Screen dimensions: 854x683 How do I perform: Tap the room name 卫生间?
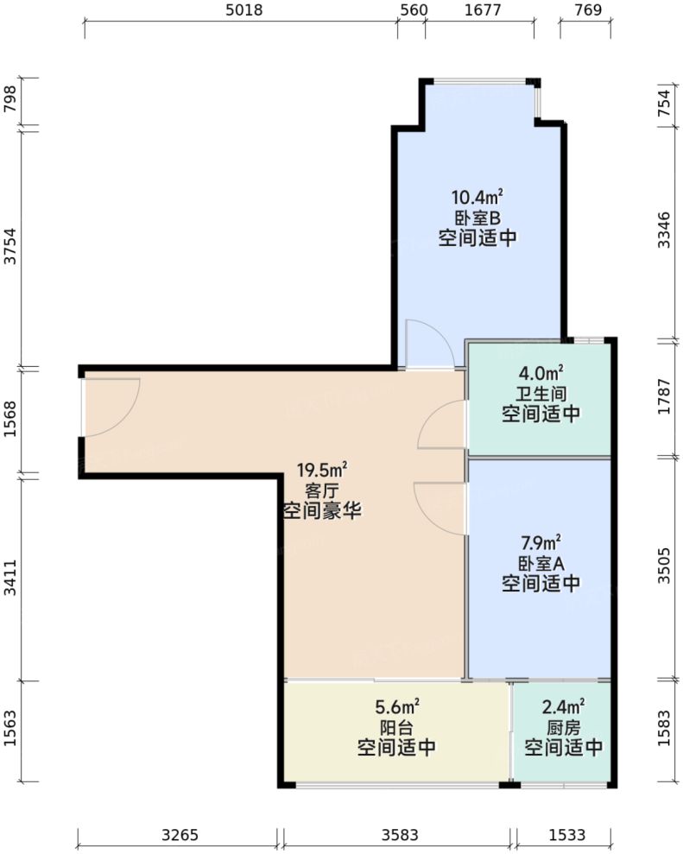point(541,394)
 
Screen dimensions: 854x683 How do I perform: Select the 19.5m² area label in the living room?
point(322,471)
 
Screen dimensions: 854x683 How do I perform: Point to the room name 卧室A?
point(541,563)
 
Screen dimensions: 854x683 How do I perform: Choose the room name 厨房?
point(563,727)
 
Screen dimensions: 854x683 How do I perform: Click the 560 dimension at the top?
point(411,10)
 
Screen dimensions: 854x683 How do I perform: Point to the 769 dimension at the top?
point(587,10)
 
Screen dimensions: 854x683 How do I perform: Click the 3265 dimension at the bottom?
point(179,835)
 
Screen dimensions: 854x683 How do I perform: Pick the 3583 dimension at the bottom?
point(399,835)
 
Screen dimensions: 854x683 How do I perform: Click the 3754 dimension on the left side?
point(10,248)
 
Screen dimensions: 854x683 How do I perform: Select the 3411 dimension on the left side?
point(10,578)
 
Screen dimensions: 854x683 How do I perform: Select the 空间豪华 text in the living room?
point(322,511)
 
